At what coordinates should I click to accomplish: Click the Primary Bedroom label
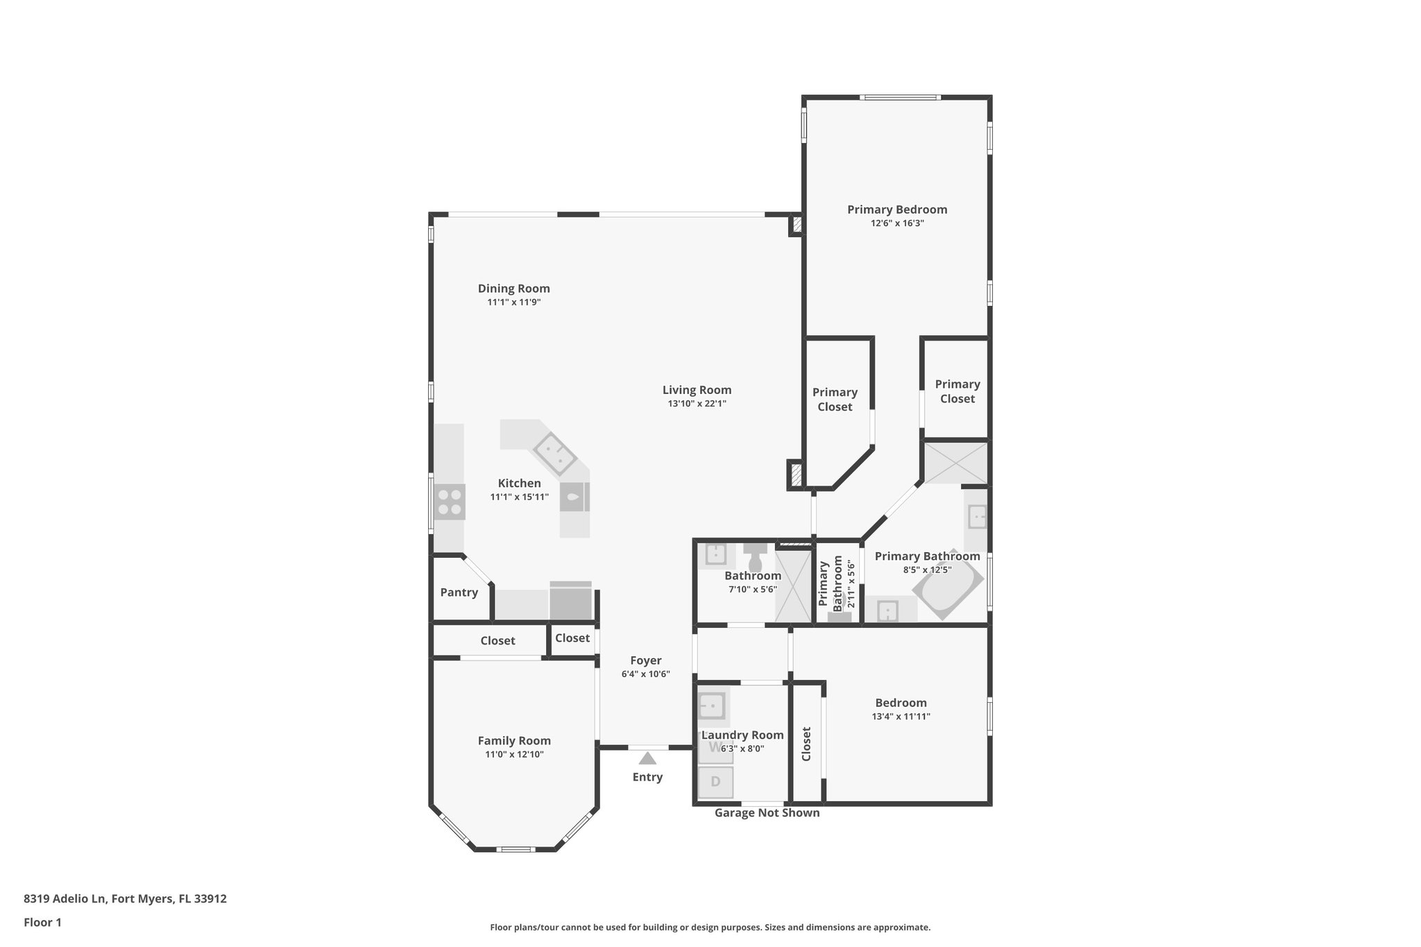point(896,210)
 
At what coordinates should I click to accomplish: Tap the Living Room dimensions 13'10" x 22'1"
point(697,404)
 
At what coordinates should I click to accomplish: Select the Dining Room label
point(513,289)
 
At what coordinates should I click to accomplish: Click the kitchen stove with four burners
point(450,502)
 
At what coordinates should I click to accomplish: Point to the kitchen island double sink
point(554,453)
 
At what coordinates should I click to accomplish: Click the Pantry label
point(459,592)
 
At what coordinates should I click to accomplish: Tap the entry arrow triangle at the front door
point(647,758)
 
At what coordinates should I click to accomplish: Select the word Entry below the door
point(647,777)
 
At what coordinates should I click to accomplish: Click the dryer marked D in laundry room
point(715,782)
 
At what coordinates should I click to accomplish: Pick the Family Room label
point(514,741)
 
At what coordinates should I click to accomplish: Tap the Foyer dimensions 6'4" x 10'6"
point(645,674)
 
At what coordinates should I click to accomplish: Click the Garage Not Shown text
point(767,813)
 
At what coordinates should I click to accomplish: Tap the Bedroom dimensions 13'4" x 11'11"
point(901,717)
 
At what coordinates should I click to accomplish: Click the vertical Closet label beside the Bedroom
point(806,744)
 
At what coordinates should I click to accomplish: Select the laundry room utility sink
point(711,707)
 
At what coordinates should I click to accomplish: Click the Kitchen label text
point(519,484)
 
